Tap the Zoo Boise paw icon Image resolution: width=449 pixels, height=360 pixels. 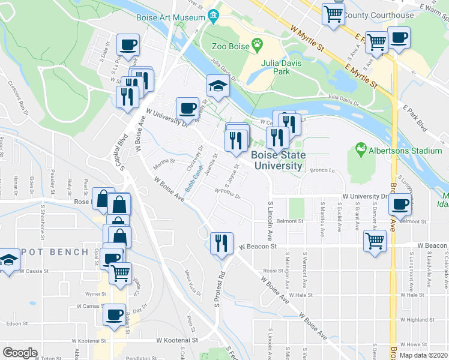click(258, 44)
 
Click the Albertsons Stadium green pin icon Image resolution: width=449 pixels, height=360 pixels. click(361, 148)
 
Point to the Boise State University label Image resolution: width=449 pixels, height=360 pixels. click(278, 160)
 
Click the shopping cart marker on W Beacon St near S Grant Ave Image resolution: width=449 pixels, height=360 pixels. click(375, 241)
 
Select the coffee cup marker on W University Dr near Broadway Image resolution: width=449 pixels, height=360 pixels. click(400, 204)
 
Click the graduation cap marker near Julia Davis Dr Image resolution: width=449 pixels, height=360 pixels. click(218, 86)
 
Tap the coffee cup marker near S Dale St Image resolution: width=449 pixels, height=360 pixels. click(128, 44)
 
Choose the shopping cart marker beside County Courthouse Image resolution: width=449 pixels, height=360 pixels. click(333, 13)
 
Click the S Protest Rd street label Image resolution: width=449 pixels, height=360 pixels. click(220, 288)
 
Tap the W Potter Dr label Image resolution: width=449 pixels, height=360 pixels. click(228, 193)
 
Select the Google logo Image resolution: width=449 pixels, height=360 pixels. click(20, 353)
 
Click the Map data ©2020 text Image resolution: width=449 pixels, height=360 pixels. click(423, 355)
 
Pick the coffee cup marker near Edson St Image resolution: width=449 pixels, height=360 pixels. click(114, 314)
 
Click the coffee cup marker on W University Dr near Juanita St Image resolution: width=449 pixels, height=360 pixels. click(187, 108)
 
